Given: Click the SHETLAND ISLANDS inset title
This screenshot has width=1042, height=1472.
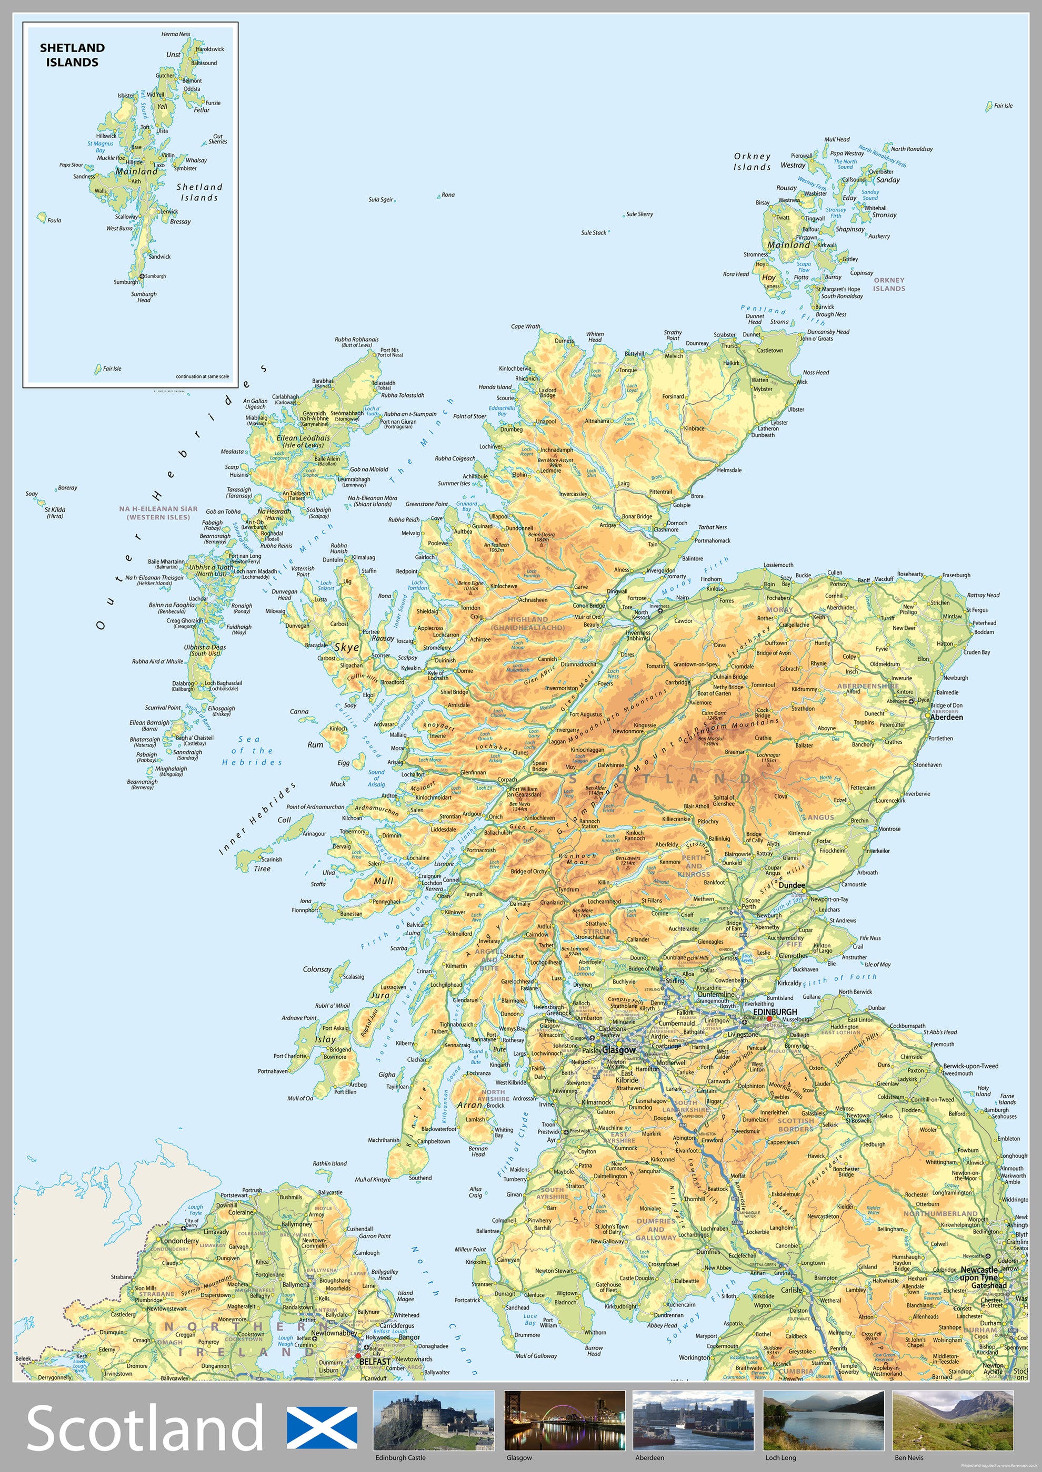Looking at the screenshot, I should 72,55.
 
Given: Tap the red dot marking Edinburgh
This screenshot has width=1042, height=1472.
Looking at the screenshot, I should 769,1019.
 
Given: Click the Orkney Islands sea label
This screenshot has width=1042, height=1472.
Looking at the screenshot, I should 752,161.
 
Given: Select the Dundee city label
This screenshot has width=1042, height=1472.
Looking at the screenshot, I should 791,885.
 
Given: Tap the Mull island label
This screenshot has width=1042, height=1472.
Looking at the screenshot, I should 384,881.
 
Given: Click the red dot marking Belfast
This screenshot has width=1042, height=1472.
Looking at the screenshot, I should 358,1356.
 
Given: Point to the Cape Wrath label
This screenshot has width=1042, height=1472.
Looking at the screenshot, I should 526,326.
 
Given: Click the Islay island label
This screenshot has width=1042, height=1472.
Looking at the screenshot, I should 325,1039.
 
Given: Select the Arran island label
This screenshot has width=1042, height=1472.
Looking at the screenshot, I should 469,1105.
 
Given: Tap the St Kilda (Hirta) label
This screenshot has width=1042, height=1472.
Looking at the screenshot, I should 55,512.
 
